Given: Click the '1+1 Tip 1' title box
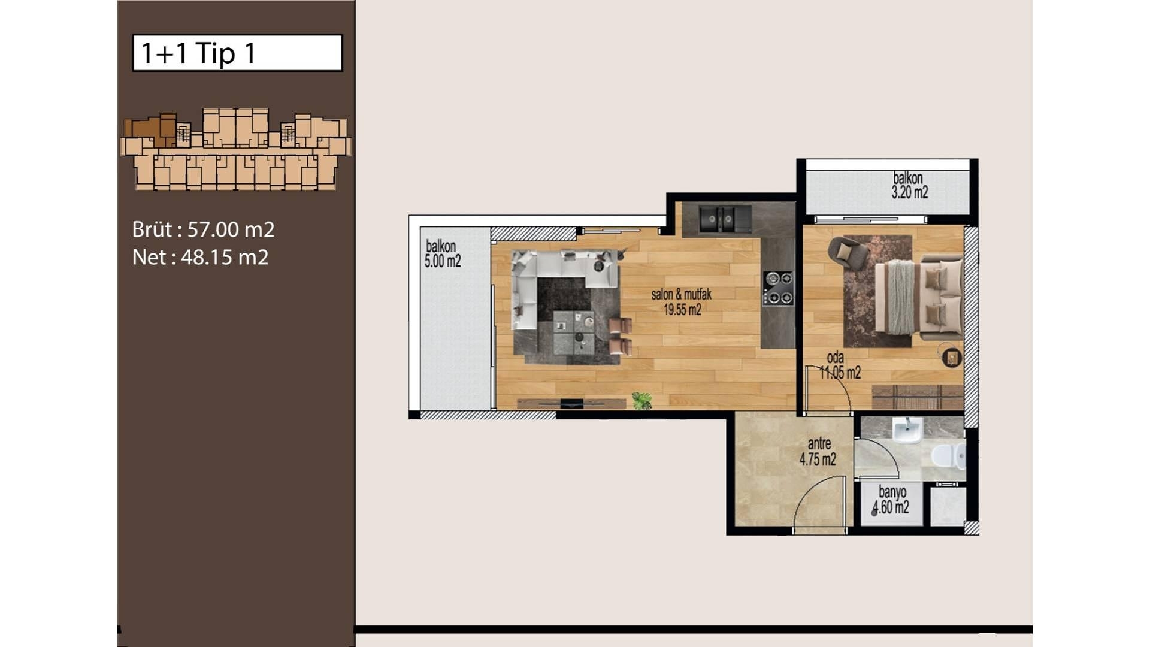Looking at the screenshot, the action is [237, 53].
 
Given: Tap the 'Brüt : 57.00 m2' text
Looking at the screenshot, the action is [203, 229].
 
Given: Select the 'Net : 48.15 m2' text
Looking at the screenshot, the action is [200, 257].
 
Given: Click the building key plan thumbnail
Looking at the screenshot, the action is [235, 149].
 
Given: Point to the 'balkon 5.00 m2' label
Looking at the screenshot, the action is [443, 253].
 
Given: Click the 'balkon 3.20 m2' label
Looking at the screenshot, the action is [909, 185].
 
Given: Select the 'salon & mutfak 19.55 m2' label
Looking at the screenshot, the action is [682, 302].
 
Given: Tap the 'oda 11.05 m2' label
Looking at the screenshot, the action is [840, 365].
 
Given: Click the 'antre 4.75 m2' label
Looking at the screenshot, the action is [818, 452].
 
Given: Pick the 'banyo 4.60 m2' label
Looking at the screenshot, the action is [891, 500].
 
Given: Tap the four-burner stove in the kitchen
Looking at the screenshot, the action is [777, 288].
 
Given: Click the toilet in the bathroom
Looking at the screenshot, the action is [948, 456].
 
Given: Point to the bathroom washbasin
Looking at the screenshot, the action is [907, 430].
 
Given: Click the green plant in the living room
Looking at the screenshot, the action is [642, 400].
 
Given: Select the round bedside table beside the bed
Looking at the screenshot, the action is [951, 358].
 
